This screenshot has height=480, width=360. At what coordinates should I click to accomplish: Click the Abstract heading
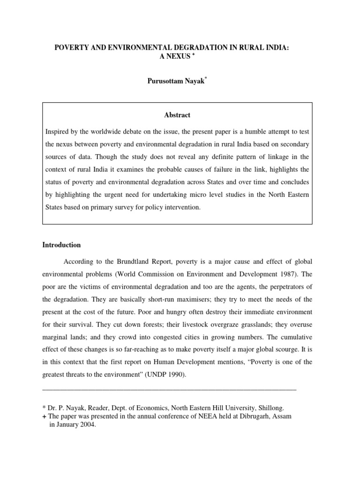(177, 115)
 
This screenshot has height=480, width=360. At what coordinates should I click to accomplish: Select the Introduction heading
(61, 245)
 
